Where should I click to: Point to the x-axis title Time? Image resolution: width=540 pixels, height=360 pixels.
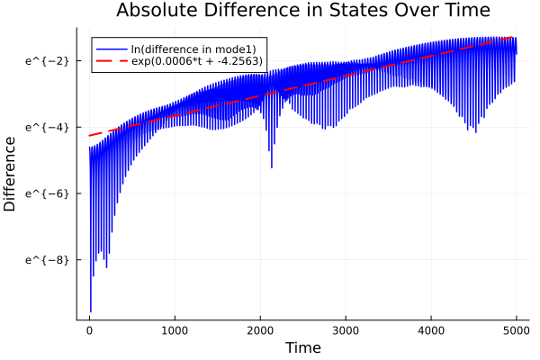pyautogui.click(x=302, y=347)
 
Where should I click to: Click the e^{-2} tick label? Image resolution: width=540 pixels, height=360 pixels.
pyautogui.click(x=48, y=60)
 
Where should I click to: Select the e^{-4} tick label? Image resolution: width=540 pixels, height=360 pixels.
pyautogui.click(x=48, y=127)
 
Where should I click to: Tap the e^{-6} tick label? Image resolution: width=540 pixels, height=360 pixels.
pyautogui.click(x=48, y=193)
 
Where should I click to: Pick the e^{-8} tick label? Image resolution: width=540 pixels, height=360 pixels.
pyautogui.click(x=48, y=259)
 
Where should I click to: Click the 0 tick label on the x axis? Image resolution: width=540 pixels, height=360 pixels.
pyautogui.click(x=89, y=329)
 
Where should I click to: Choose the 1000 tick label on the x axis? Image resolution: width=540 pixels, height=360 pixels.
pyautogui.click(x=175, y=329)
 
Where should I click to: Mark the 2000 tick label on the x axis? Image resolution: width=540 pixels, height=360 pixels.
pyautogui.click(x=260, y=329)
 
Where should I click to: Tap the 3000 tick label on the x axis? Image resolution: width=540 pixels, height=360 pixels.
pyautogui.click(x=346, y=329)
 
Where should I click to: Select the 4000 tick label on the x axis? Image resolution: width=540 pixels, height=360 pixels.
pyautogui.click(x=431, y=329)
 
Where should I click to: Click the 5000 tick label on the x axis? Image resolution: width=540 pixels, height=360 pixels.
pyautogui.click(x=516, y=329)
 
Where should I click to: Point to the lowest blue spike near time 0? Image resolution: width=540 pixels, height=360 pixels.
pyautogui.click(x=90, y=310)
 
